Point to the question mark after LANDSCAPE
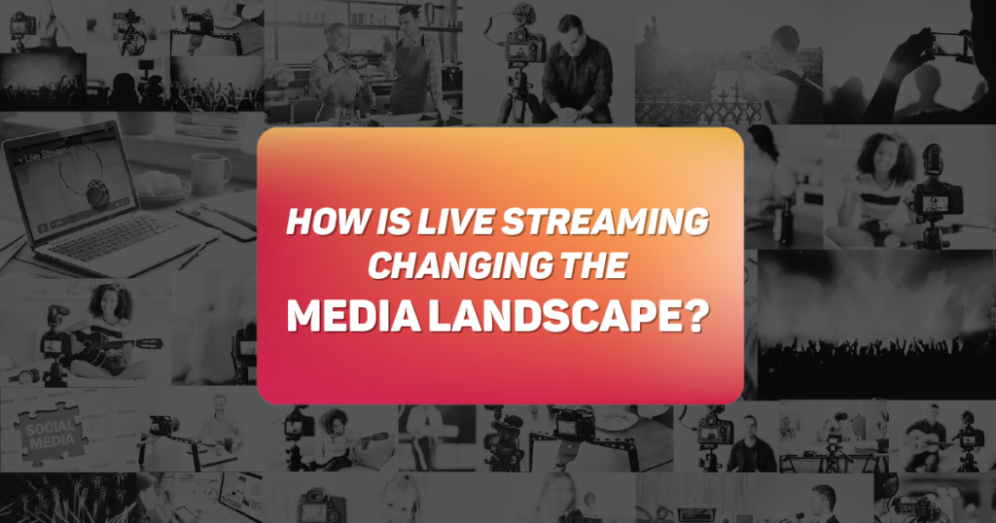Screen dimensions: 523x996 691,316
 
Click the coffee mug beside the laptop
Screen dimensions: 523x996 209,172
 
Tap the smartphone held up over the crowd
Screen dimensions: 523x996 947,43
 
